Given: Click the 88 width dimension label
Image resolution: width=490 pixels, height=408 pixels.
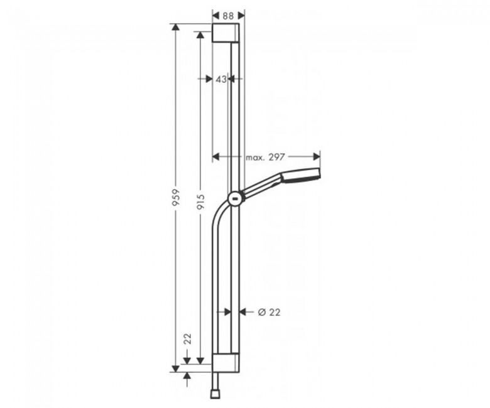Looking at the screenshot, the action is (x=229, y=16).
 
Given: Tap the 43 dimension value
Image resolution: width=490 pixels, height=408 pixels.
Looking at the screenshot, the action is (x=221, y=79).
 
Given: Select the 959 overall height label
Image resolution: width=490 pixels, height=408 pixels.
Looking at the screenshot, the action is (x=176, y=197).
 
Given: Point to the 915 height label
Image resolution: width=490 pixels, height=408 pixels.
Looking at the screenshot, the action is (x=200, y=202).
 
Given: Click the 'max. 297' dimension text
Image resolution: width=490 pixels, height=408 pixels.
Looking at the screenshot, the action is (x=265, y=157).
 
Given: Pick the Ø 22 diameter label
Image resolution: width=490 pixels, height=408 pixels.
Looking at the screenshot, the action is (x=269, y=312).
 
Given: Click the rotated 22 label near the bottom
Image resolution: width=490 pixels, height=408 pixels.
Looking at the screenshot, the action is (x=187, y=339).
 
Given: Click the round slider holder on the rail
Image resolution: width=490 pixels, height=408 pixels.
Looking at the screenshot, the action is (x=236, y=198).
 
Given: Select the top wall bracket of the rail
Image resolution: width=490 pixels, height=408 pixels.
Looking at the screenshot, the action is (x=226, y=33).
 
